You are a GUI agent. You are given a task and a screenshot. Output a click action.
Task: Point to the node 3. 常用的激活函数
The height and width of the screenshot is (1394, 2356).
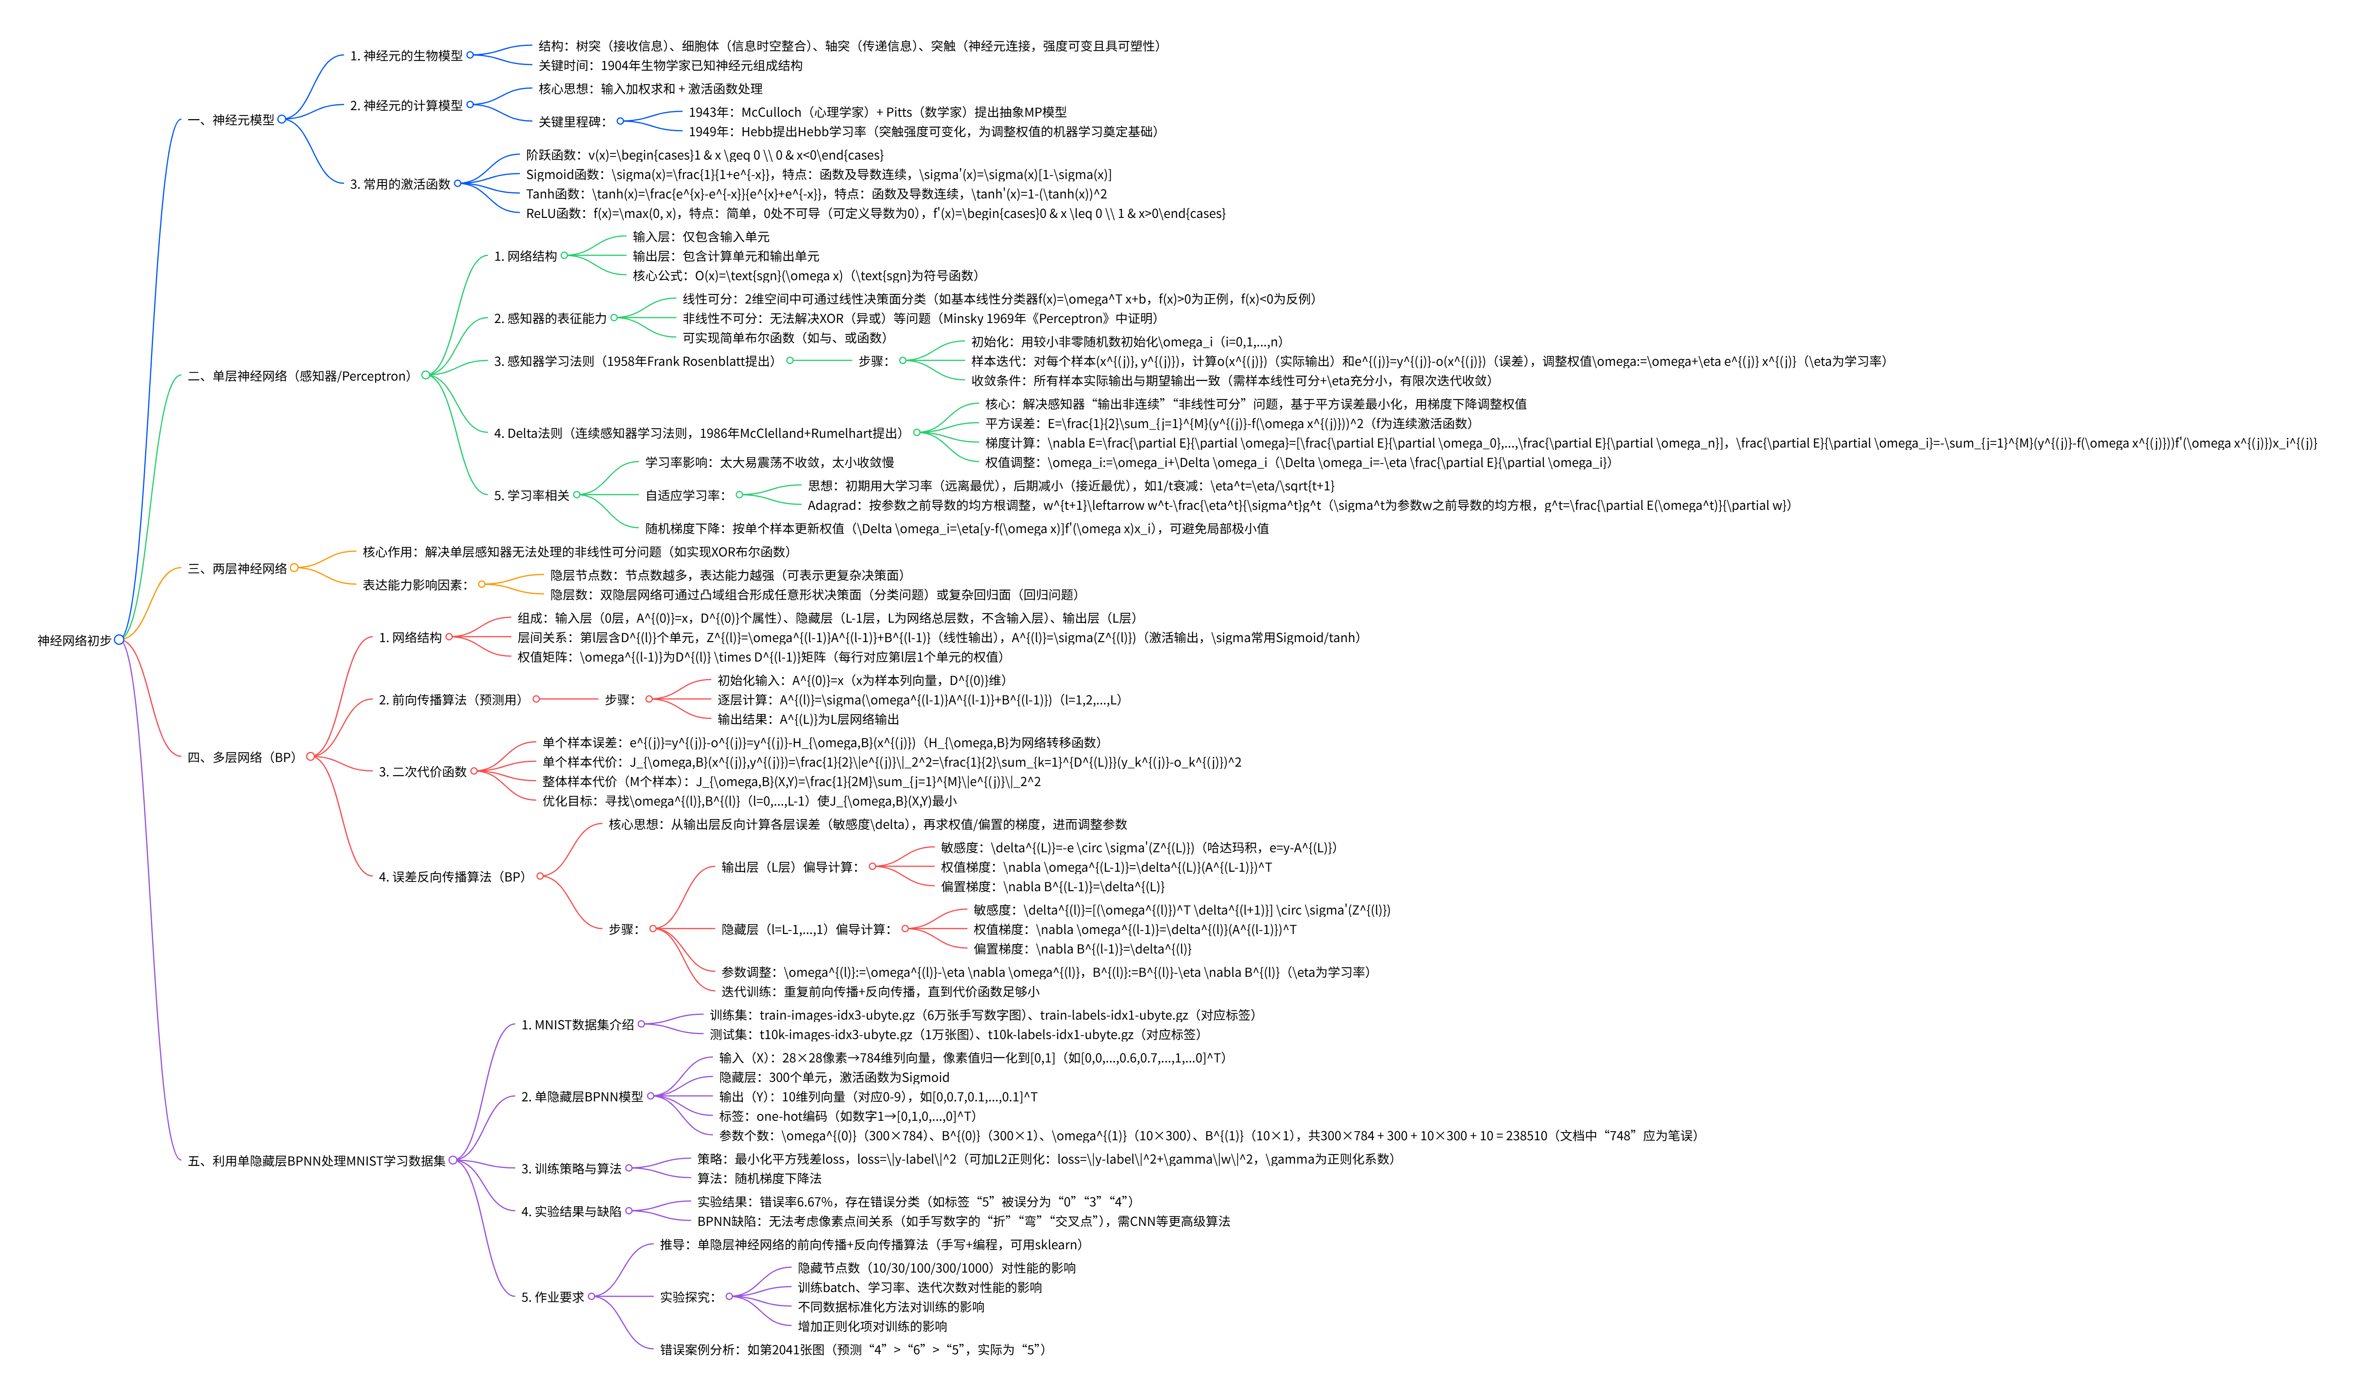(400, 184)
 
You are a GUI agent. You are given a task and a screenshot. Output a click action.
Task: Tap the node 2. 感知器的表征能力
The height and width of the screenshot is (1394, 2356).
(551, 318)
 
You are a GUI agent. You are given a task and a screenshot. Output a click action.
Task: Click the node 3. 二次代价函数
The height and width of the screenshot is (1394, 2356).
(423, 772)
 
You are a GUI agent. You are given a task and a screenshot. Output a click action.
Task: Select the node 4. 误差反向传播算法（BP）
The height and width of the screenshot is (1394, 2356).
(452, 877)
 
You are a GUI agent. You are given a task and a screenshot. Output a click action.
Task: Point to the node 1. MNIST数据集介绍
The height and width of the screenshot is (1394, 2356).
(578, 1025)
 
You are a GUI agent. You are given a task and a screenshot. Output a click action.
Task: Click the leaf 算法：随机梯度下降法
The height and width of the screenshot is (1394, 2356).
(759, 1179)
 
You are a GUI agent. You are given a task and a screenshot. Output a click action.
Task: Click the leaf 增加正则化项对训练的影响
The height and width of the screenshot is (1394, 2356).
(872, 1326)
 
